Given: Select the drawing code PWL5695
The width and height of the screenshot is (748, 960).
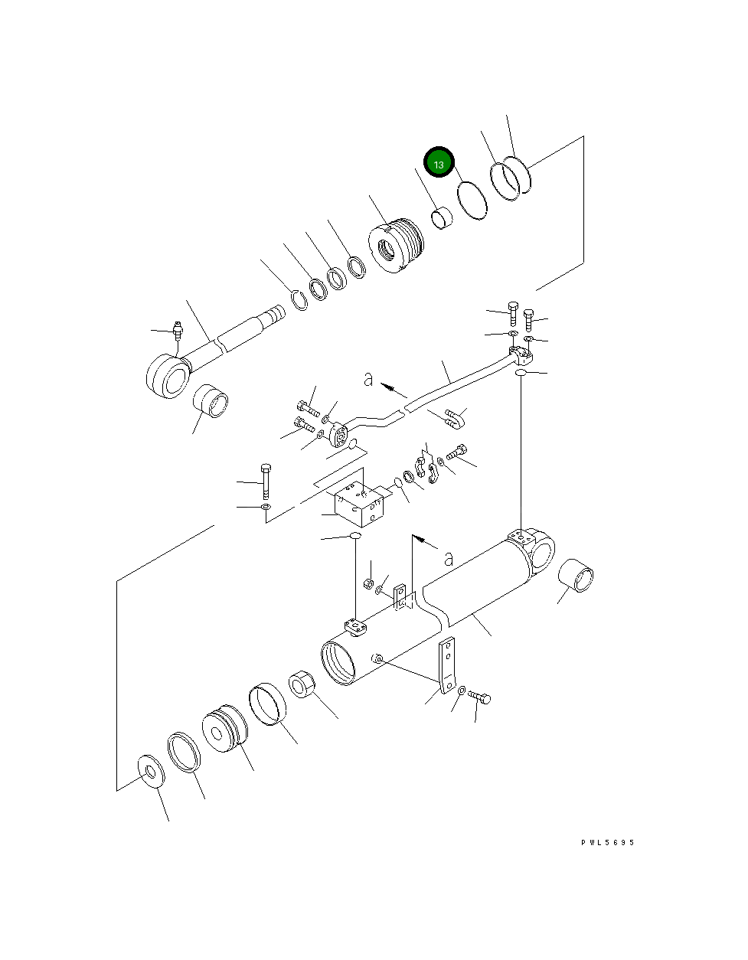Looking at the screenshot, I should click(607, 843).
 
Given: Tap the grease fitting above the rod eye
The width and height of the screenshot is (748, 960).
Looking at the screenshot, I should click(177, 332).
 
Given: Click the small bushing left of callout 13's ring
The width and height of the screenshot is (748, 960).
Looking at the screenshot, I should click(442, 218).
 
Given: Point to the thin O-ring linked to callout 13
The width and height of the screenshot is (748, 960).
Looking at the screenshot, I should click(472, 201).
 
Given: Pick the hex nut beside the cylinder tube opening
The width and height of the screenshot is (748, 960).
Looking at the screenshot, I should click(302, 684).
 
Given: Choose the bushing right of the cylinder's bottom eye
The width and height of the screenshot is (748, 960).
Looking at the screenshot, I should click(577, 575).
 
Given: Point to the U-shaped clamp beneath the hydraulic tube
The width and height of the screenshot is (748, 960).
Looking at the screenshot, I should click(455, 416).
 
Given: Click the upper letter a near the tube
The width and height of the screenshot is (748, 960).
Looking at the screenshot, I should click(368, 379).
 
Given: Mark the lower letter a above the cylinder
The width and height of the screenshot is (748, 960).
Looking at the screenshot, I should click(449, 559).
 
